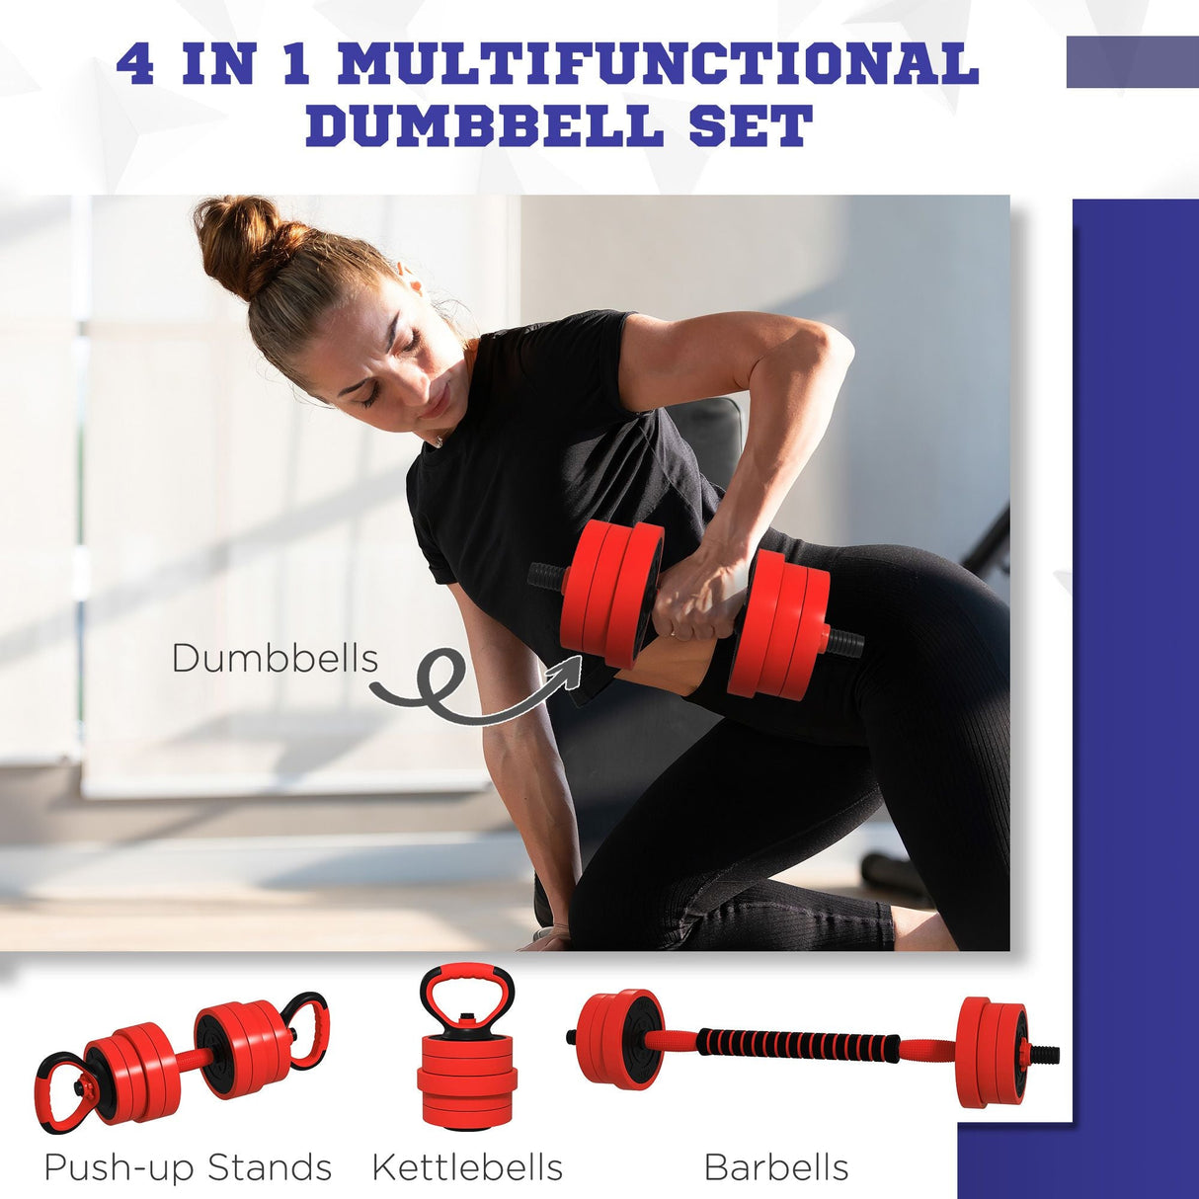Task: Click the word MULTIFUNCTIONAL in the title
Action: pyautogui.click(x=658, y=64)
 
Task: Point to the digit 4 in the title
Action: pyautogui.click(x=136, y=64)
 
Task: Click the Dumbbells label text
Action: pyautogui.click(x=275, y=658)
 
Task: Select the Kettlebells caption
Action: pyautogui.click(x=467, y=1167)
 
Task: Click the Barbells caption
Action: pyautogui.click(x=776, y=1167)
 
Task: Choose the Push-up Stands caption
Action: pyautogui.click(x=188, y=1167)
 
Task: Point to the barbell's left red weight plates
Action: pyautogui.click(x=618, y=1039)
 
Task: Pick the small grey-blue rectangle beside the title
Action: pyautogui.click(x=1132, y=62)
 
